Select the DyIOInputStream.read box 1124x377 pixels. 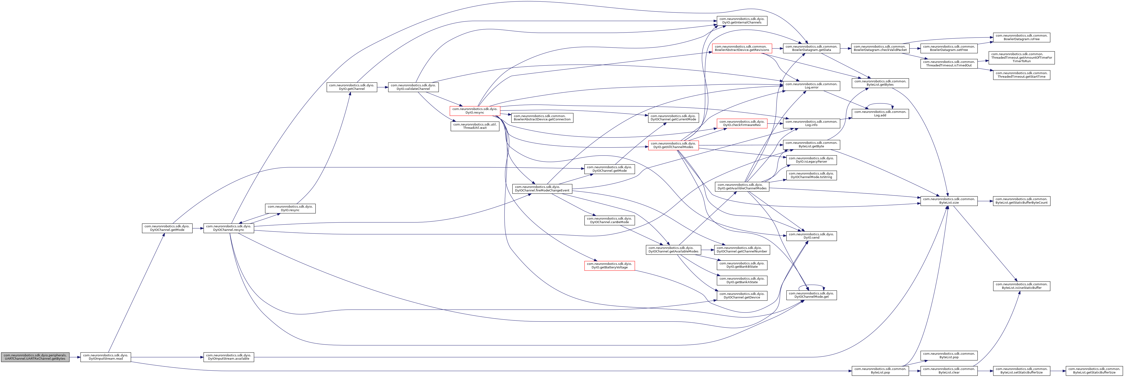coord(105,357)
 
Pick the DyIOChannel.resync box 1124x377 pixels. coord(228,228)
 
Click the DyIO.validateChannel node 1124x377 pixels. coord(413,87)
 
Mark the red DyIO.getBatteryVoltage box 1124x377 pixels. coord(609,266)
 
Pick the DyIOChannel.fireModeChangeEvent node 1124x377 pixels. coord(542,189)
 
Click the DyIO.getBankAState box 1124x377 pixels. coord(742,280)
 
